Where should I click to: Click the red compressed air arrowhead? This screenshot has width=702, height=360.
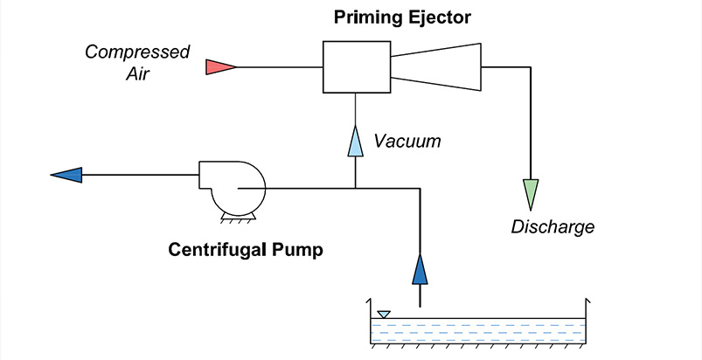pos(219,66)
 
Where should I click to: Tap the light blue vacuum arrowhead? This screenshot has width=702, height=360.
pos(355,141)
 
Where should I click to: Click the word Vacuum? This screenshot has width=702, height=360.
pos(407,141)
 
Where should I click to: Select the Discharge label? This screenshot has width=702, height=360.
pos(553,227)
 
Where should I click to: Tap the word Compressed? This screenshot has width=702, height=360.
pos(137,52)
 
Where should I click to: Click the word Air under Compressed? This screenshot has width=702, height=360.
pos(137,73)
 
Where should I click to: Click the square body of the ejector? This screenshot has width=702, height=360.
pos(355,66)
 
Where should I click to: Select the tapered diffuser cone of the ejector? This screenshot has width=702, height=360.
pos(437,66)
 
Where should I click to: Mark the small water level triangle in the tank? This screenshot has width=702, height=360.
pos(383,314)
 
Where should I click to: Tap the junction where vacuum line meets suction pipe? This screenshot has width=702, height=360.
pos(355,187)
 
